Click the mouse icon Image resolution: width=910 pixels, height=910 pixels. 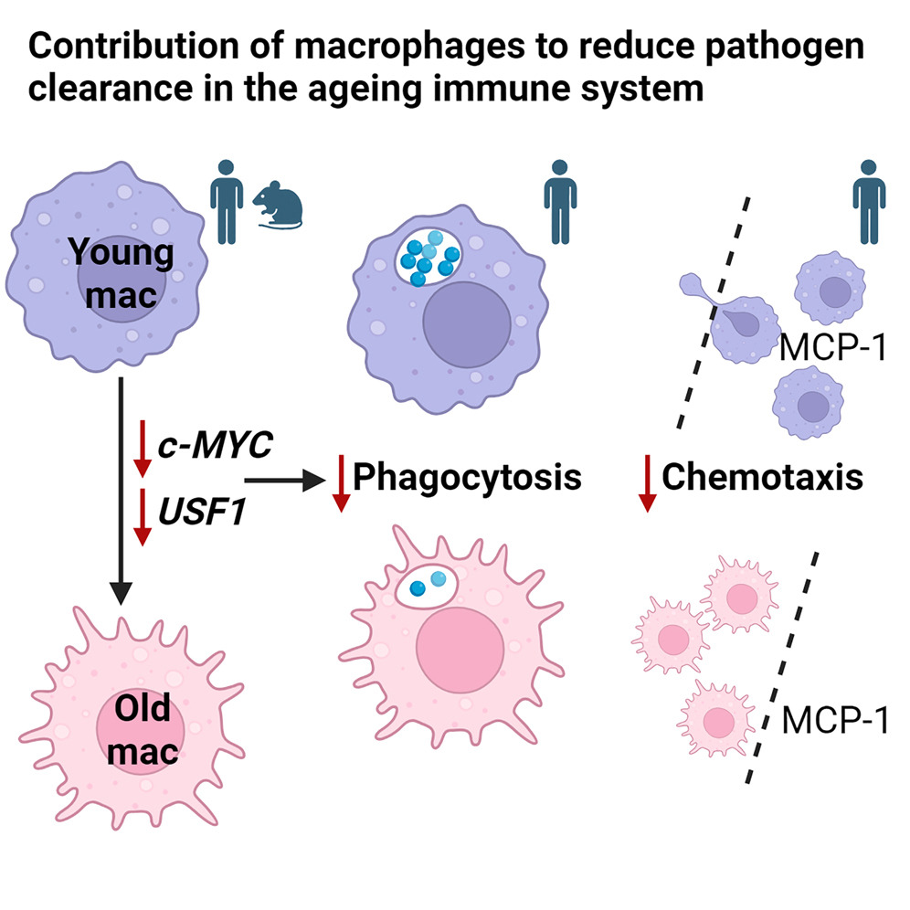(x=278, y=205)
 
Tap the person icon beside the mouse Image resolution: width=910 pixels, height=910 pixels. (x=227, y=201)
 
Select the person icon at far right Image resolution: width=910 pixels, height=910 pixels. (x=869, y=201)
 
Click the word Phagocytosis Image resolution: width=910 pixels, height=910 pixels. (x=467, y=478)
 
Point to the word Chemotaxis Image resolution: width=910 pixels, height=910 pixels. (x=763, y=477)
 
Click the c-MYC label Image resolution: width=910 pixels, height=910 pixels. (x=216, y=445)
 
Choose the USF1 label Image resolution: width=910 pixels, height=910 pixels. (x=202, y=512)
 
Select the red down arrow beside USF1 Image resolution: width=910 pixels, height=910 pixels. (x=143, y=517)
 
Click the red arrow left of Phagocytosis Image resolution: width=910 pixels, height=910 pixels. (x=342, y=483)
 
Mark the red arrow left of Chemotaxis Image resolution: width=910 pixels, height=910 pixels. (x=647, y=483)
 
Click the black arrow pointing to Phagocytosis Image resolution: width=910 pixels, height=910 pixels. (x=285, y=480)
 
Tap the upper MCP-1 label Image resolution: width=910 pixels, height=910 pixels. (x=833, y=347)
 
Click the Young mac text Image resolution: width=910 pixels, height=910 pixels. (x=122, y=273)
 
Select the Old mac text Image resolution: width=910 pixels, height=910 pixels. (x=143, y=730)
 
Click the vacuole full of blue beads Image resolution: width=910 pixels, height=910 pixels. (x=429, y=257)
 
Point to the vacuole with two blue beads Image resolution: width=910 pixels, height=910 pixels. (x=427, y=587)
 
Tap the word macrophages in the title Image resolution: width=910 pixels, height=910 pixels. (x=409, y=47)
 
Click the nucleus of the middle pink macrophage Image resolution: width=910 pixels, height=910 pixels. (x=460, y=650)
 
